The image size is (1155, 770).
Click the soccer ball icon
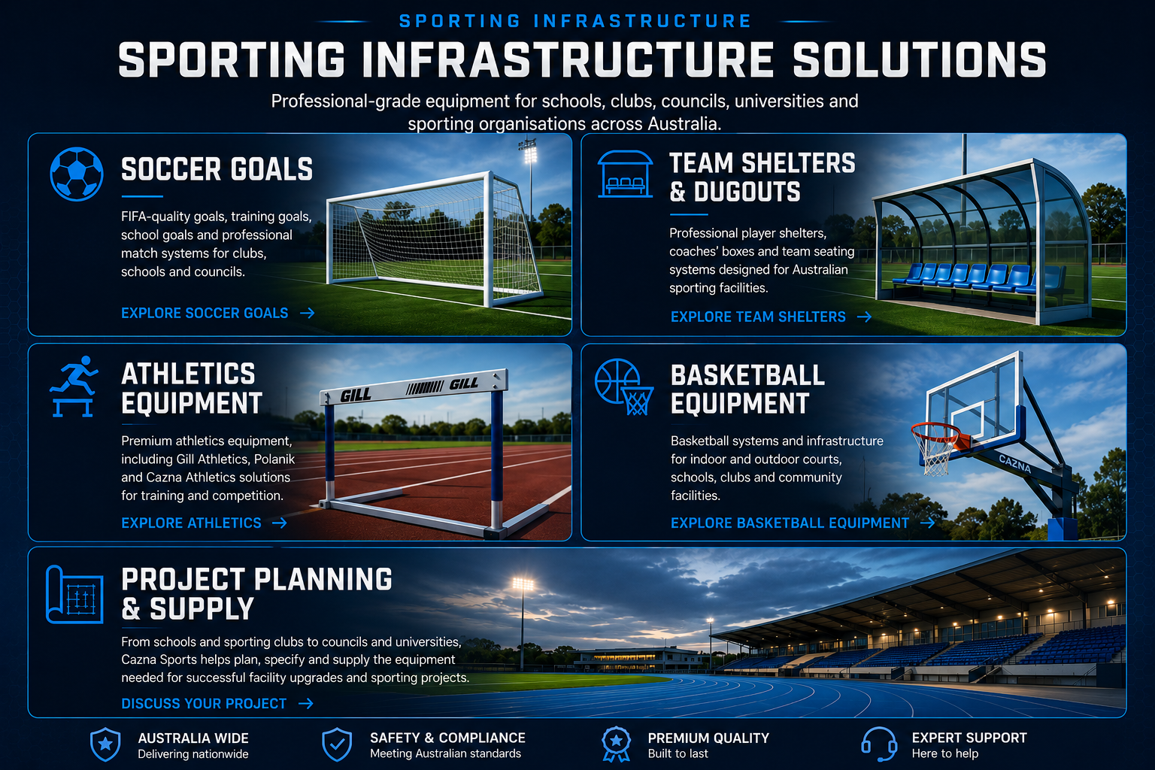76,174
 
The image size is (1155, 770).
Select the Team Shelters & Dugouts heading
762,177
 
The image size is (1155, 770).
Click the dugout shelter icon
625,174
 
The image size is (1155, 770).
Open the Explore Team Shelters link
771,317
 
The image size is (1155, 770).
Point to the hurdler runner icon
74,387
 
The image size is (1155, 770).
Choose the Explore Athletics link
204,523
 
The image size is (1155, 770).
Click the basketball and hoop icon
624,387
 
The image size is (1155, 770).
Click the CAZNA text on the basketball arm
1014,464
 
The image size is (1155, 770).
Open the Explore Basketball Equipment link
802,523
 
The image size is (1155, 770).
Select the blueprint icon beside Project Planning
74,595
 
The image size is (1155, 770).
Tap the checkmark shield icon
337,744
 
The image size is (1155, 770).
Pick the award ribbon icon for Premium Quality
616,744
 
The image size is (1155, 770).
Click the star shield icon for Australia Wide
105,744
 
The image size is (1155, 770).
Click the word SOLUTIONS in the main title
920,60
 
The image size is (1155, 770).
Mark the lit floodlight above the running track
523,584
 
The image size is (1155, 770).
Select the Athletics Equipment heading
192,388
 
